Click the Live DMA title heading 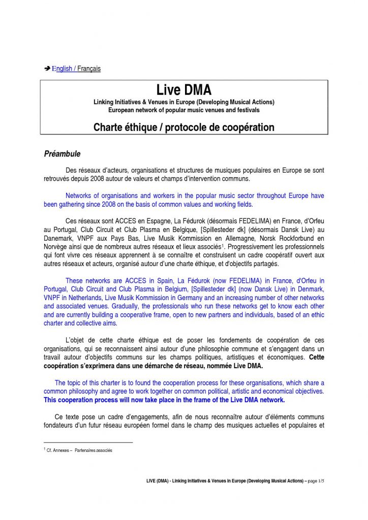click(183, 90)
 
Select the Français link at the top click(89, 69)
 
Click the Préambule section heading click(62, 153)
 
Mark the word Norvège click(57, 247)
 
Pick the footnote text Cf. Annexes click(59, 450)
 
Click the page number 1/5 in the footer click(319, 480)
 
